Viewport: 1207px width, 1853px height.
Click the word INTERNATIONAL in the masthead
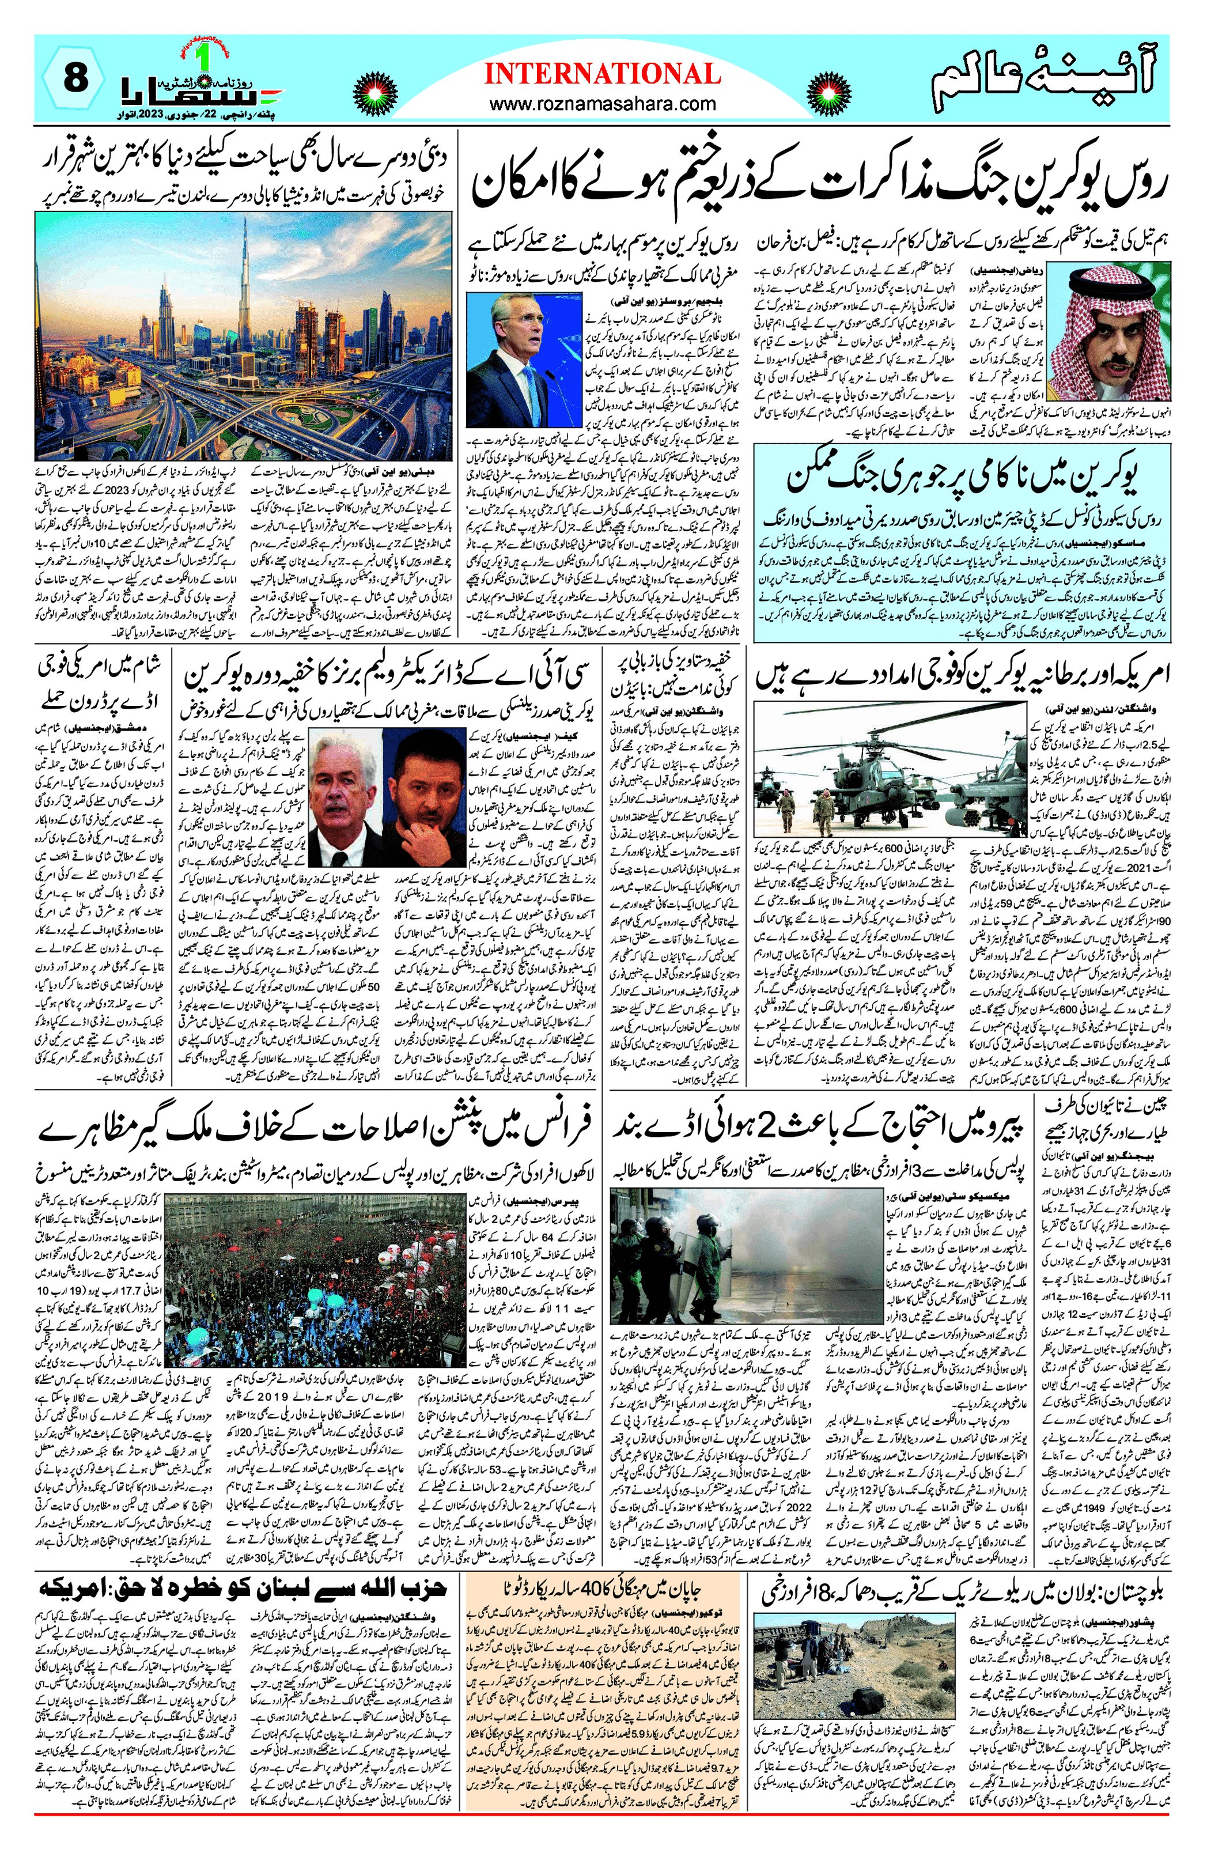tap(602, 74)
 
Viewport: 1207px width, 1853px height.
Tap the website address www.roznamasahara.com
tap(602, 104)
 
